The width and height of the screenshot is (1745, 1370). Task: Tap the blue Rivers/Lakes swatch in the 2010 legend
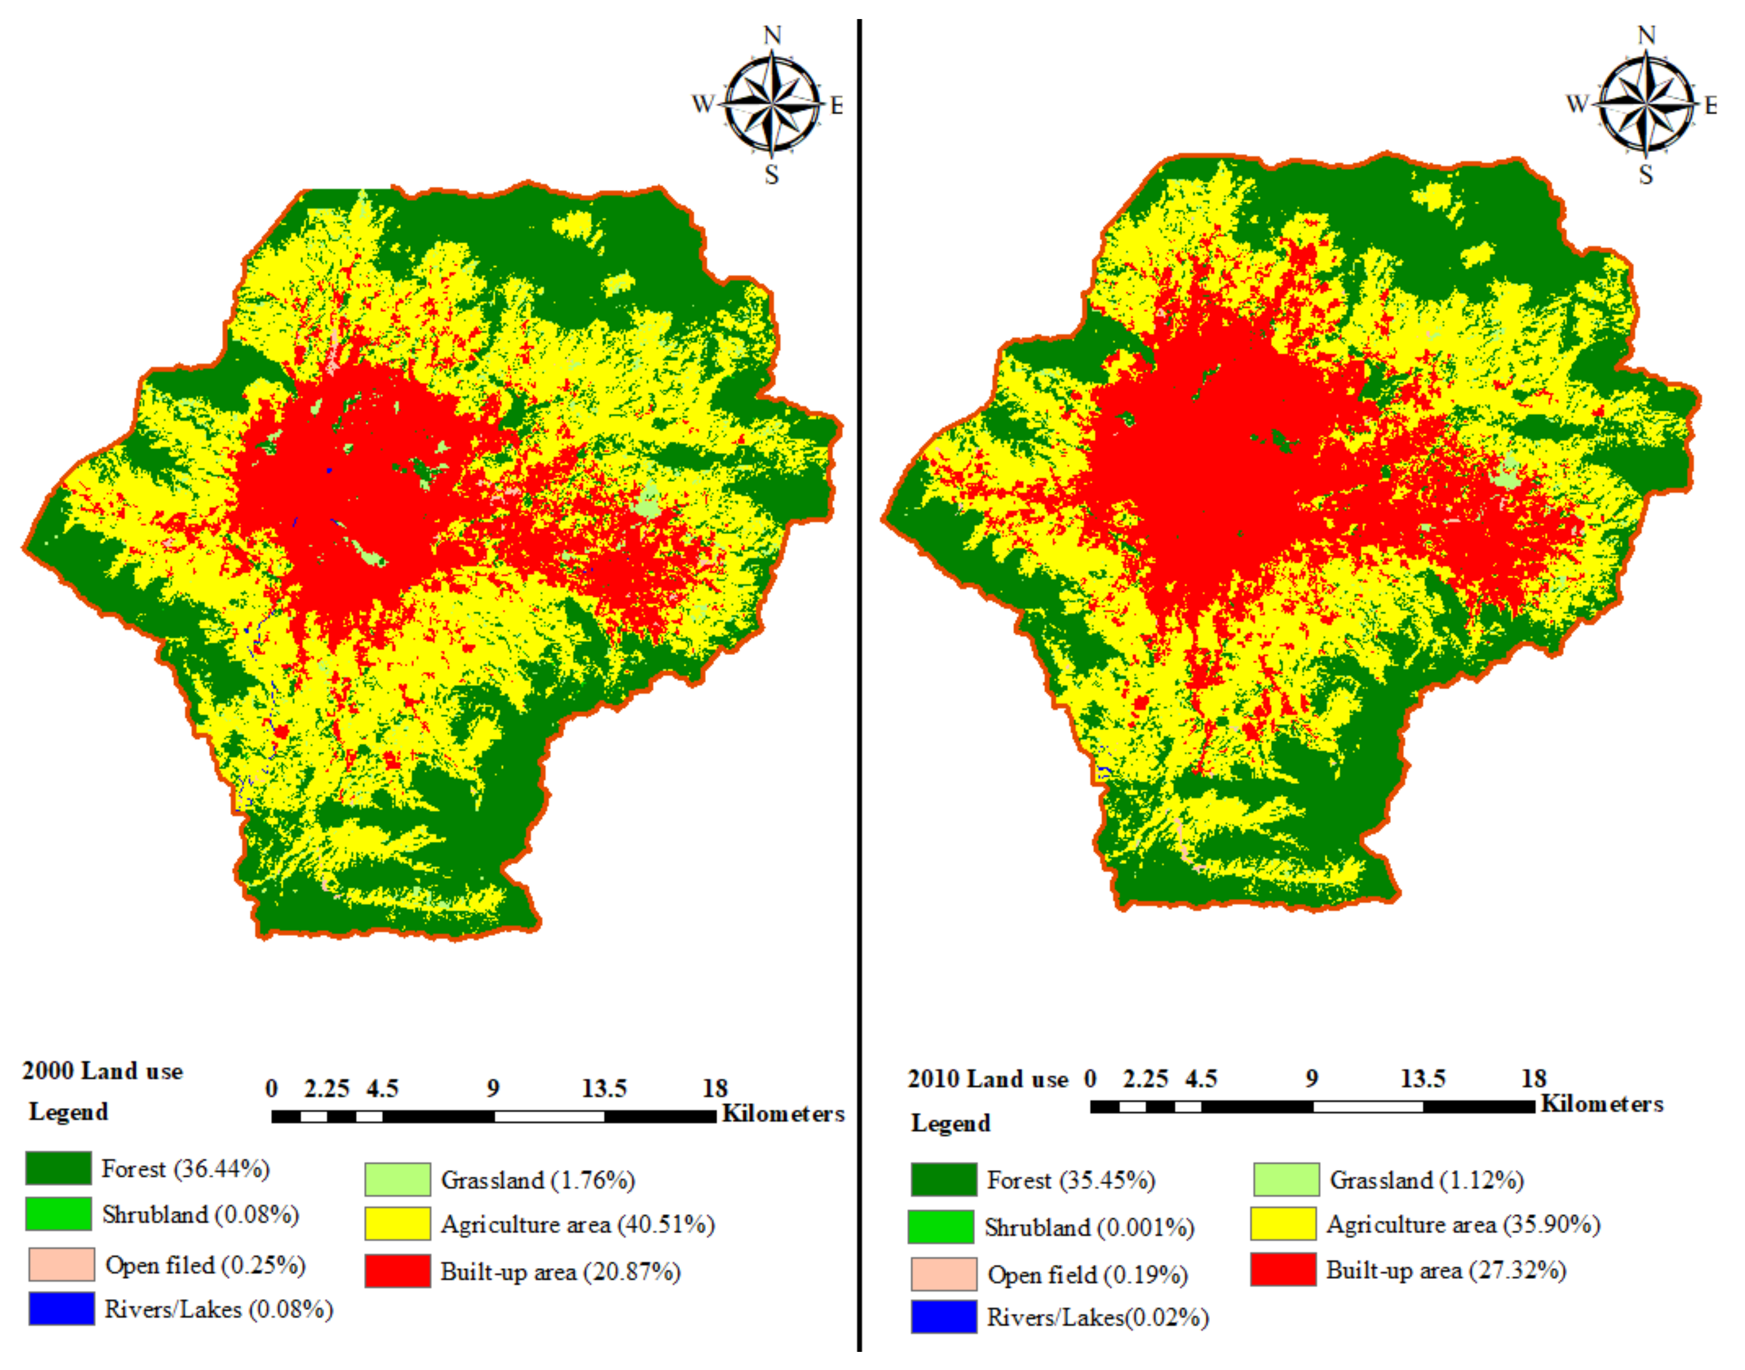(943, 1317)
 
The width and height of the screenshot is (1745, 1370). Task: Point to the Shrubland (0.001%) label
(1089, 1227)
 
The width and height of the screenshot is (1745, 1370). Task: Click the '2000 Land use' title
(102, 1071)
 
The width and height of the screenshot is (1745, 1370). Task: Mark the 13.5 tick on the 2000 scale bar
(604, 1088)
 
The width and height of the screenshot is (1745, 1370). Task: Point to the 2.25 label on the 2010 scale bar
(1145, 1079)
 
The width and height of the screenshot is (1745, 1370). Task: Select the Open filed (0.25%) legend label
(205, 1265)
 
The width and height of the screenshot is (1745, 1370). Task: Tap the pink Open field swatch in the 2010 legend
(943, 1274)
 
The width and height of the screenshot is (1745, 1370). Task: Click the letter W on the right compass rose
(1576, 104)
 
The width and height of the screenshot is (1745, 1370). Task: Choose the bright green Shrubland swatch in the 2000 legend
(59, 1214)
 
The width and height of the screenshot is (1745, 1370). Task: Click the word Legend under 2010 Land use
(950, 1123)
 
